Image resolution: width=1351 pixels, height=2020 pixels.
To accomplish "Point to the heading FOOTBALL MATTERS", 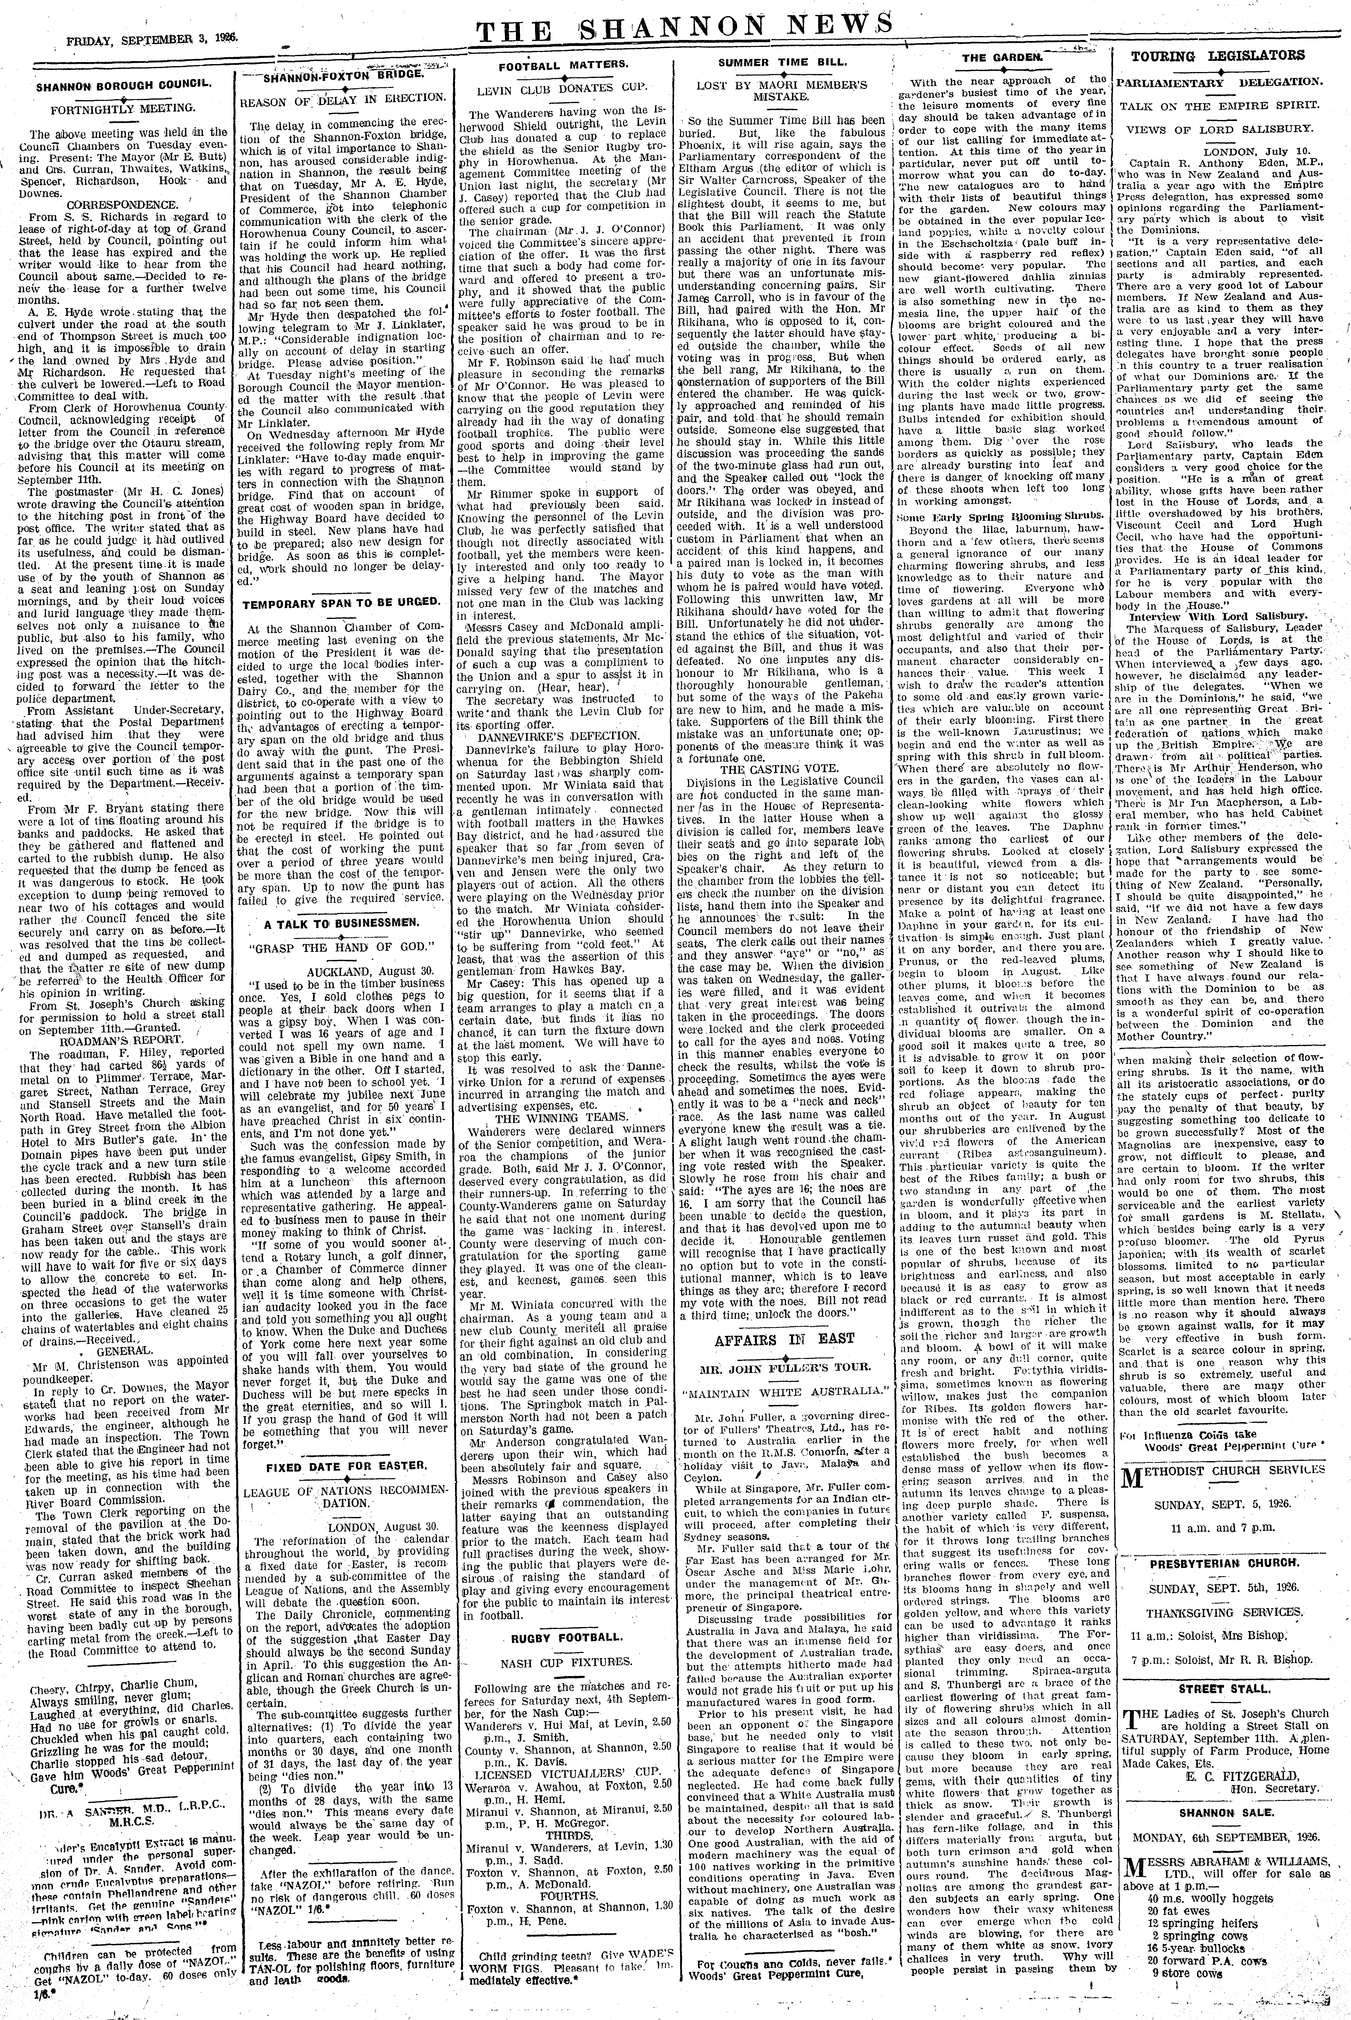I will tap(568, 65).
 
